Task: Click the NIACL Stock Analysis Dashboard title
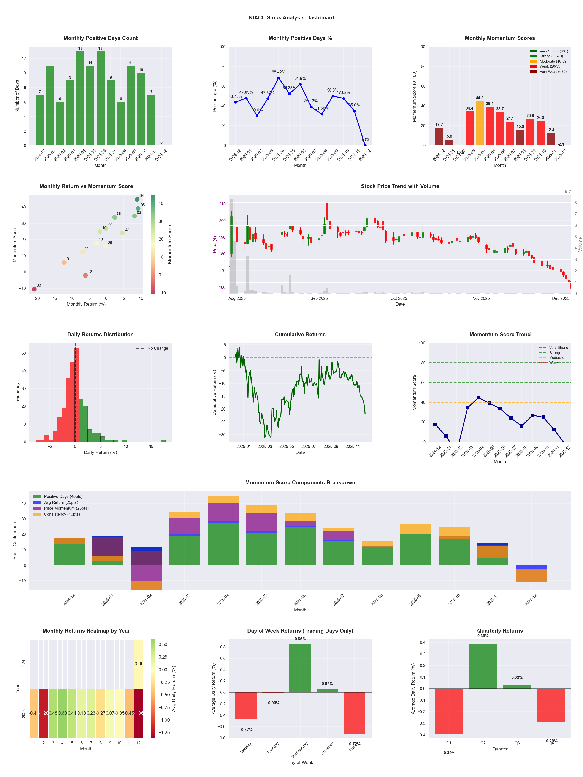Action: (x=291, y=17)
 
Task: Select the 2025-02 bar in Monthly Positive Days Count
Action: (x=60, y=124)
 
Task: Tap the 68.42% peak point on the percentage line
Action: (x=279, y=78)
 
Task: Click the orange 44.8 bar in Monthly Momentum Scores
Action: (x=480, y=123)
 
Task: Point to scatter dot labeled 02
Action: (x=34, y=289)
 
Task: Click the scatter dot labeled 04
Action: (x=137, y=199)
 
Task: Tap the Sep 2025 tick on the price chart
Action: (x=319, y=298)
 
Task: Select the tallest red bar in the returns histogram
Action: (x=77, y=395)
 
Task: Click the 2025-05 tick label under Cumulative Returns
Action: (x=286, y=447)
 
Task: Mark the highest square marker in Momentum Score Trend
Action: (x=478, y=398)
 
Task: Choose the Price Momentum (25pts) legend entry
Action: (x=66, y=508)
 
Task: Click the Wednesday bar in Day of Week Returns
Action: (x=300, y=668)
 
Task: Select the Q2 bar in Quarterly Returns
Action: (x=483, y=666)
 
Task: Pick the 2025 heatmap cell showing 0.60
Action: (x=63, y=713)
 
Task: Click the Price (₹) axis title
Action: (x=215, y=244)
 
